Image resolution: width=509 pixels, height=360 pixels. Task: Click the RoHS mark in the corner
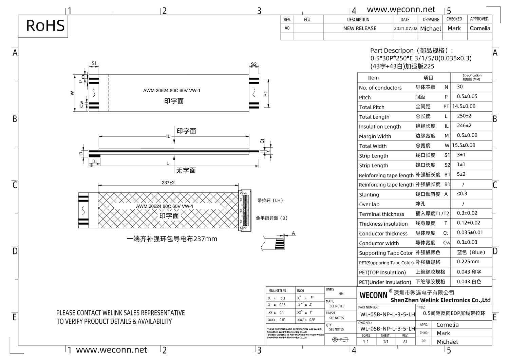point(45,26)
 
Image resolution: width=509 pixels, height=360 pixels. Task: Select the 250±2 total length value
point(464,116)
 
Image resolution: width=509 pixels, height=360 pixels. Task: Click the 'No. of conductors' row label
point(380,88)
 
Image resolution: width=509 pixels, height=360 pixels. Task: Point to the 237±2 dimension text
point(168,183)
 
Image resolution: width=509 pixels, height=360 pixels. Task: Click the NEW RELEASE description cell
point(360,29)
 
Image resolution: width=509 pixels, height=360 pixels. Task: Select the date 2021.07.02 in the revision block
point(405,29)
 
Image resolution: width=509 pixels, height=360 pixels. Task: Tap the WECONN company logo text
point(373,295)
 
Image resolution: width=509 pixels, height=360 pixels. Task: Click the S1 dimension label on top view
point(94,63)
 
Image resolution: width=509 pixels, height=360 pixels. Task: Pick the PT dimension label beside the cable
point(265,94)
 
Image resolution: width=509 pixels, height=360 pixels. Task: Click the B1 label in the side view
point(94,161)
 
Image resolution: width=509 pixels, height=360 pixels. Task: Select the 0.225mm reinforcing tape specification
point(468,262)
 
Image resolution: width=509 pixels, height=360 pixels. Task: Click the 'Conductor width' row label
point(379,243)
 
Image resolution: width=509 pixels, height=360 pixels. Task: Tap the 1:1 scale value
point(366,342)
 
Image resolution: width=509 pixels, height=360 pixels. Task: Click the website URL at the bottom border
point(111,350)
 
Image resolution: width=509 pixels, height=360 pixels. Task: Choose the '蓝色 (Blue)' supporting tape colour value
point(471,252)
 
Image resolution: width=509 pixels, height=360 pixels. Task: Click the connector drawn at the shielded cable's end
point(245,210)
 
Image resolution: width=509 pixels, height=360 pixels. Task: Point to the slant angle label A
point(294,233)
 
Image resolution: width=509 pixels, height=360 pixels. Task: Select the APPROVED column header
point(479,19)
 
